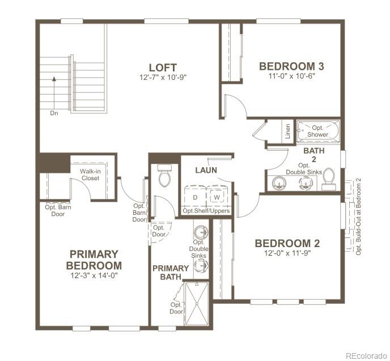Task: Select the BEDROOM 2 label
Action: [x=287, y=244]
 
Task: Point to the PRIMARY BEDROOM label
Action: [x=94, y=260]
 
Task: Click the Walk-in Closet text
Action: [x=90, y=174]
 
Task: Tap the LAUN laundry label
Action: [x=206, y=170]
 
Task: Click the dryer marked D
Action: [x=195, y=197]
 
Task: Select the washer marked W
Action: [x=217, y=197]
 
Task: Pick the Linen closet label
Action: [x=288, y=132]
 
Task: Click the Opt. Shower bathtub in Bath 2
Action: [x=318, y=131]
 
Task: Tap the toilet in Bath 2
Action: [x=328, y=179]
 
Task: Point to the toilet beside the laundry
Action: [x=165, y=177]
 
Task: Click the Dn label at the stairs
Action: [x=54, y=113]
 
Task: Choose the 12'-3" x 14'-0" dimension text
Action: [x=94, y=275]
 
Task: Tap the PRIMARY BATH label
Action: [x=170, y=273]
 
